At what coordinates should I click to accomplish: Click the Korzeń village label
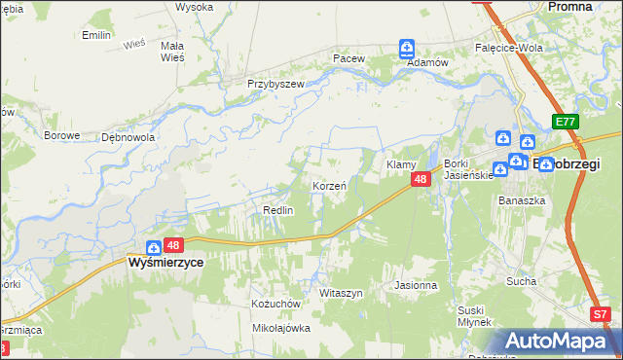329,185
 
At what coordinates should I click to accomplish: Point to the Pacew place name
348,58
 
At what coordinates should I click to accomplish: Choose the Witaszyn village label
341,293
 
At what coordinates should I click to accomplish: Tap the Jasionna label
416,286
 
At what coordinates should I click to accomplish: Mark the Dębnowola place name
128,137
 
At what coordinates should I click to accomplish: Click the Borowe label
61,135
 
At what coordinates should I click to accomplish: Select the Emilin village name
96,35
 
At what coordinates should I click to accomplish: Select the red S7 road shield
602,314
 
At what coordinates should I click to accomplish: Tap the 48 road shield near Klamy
421,180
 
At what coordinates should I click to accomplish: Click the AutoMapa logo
563,342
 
